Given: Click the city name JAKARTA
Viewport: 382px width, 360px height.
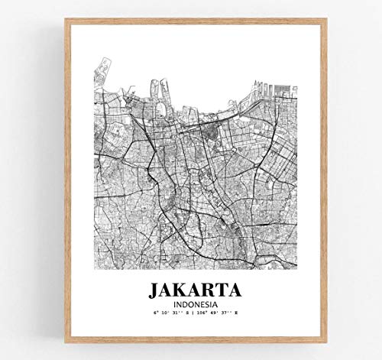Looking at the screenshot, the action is [x=191, y=290].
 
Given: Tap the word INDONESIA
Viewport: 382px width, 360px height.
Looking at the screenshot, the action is [x=191, y=304].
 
